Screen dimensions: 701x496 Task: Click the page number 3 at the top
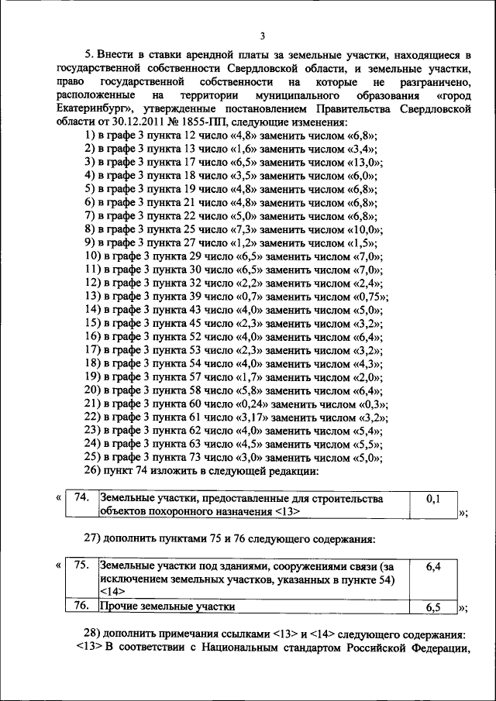coord(263,36)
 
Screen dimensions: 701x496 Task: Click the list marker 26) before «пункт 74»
coord(95,471)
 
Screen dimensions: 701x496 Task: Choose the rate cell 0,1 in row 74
coord(433,500)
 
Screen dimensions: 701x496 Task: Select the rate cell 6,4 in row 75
coord(433,567)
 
